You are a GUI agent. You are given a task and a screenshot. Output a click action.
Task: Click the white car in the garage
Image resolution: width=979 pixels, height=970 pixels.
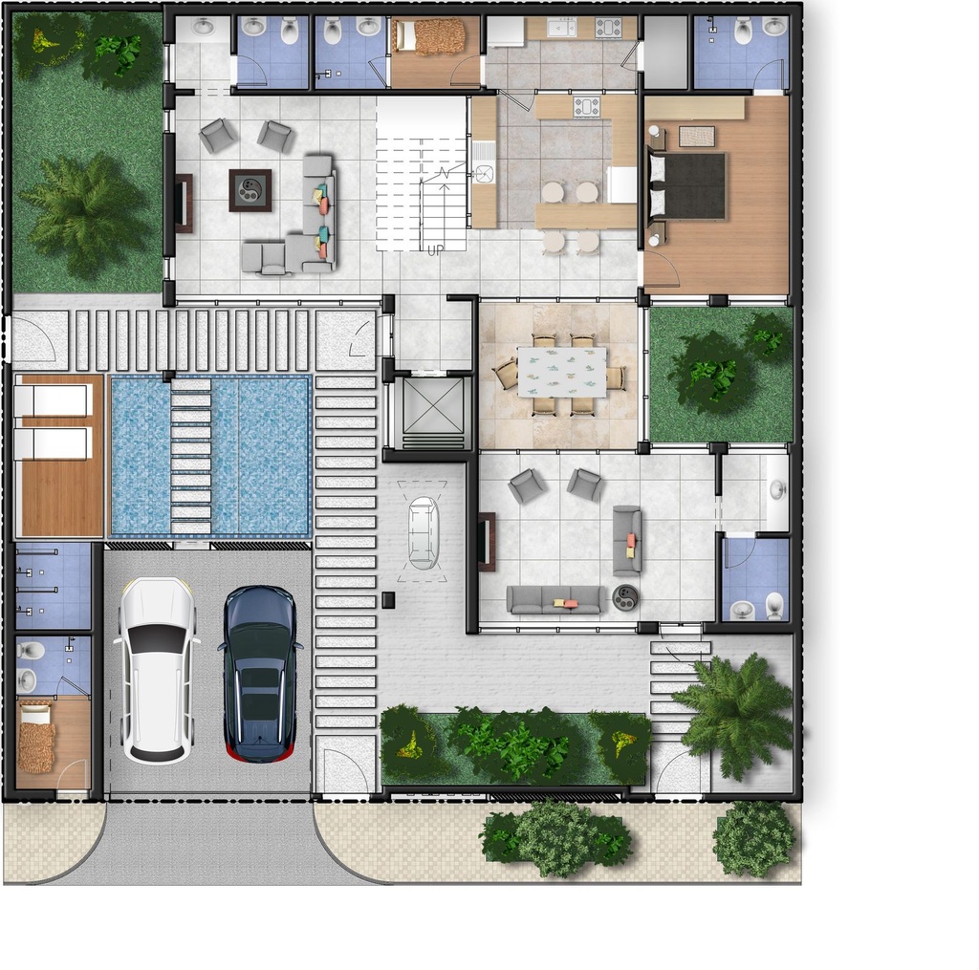tap(156, 670)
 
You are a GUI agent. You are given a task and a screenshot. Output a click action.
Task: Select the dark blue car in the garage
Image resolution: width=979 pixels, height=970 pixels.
tap(260, 674)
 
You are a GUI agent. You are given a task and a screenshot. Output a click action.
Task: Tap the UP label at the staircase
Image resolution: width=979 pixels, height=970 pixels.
tap(435, 249)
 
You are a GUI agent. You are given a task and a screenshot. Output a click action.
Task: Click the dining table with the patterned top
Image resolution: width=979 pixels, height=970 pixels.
tap(562, 372)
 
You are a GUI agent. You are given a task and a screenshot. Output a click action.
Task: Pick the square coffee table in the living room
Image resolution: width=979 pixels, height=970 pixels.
tap(250, 190)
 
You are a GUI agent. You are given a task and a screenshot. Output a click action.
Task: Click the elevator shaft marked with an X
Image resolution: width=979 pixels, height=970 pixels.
tap(434, 406)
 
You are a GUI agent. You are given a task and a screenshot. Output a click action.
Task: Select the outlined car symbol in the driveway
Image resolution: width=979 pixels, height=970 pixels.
tap(423, 532)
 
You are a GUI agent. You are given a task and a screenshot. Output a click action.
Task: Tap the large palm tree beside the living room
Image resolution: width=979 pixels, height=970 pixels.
tap(87, 215)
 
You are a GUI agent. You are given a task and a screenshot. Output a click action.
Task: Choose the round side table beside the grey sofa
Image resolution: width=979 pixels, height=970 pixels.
tap(625, 597)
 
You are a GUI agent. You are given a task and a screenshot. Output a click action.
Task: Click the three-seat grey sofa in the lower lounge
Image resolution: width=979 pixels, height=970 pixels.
tap(555, 600)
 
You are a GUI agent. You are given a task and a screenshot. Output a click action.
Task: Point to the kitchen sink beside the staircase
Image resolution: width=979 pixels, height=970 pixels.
tap(484, 173)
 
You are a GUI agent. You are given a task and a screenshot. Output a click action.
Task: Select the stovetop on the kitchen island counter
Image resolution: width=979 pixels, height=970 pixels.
tap(587, 107)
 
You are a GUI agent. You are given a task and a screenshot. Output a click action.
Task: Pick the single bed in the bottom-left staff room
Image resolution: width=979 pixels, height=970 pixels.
tap(36, 737)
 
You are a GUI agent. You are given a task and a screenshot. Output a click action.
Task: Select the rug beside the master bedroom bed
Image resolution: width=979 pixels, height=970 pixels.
tap(697, 136)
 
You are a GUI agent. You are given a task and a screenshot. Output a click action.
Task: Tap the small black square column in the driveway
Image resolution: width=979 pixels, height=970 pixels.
tap(388, 600)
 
